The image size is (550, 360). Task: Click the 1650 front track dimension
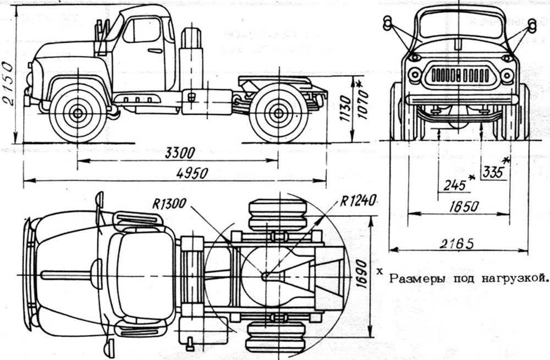pos(461,207)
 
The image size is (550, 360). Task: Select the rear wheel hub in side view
pos(278,114)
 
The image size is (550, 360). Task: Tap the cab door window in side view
pos(142,31)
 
